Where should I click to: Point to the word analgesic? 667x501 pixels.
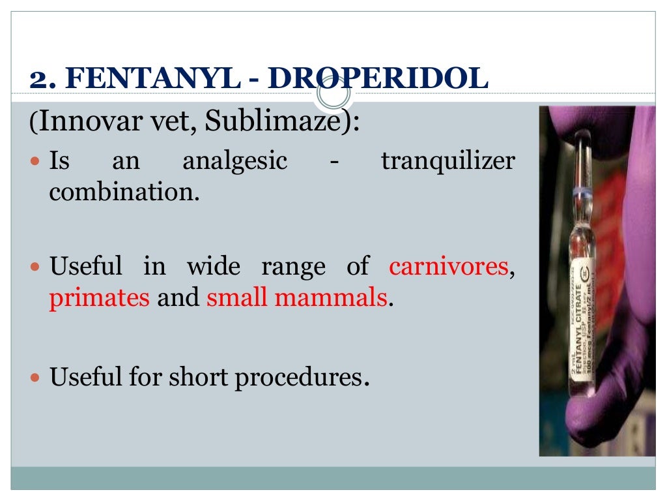(x=234, y=160)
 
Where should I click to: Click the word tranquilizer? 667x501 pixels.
(x=447, y=160)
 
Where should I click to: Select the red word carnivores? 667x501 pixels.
(x=448, y=266)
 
